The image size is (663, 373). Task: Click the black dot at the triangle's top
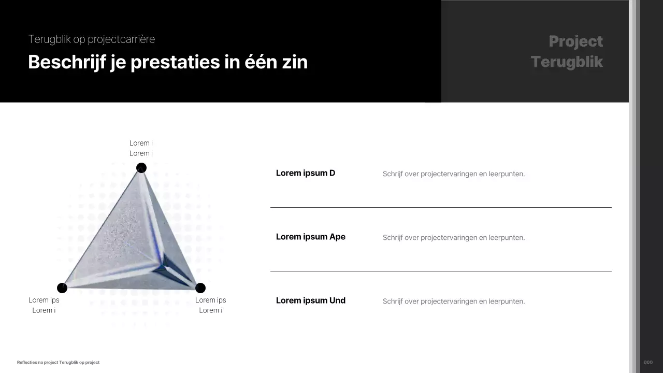141,168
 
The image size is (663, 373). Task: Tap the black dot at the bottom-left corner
62,288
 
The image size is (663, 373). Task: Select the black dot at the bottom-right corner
200,288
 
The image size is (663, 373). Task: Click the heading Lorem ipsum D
306,173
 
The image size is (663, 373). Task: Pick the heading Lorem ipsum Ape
311,237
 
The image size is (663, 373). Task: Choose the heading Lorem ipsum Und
311,300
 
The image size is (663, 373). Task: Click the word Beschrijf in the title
66,62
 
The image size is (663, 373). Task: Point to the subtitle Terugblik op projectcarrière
92,39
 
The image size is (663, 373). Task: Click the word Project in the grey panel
575,41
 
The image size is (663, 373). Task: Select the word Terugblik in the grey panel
567,62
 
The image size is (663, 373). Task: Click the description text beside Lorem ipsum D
454,174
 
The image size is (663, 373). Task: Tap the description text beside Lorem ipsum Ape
454,238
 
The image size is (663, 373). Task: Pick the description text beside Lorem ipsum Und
454,302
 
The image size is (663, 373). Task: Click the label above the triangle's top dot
141,148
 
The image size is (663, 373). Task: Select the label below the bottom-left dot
44,305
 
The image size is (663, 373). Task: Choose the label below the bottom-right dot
211,305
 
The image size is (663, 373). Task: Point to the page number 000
648,363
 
